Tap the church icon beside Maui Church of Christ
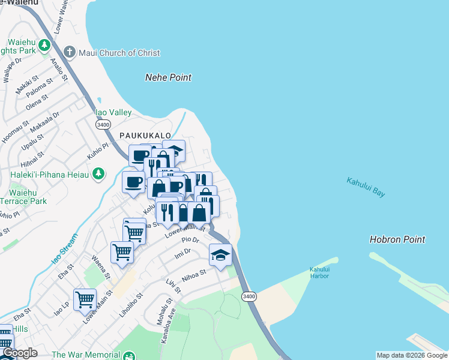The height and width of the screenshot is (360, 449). tap(70, 52)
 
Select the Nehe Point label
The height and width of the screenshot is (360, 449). tap(169, 77)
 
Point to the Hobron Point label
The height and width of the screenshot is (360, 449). tap(397, 239)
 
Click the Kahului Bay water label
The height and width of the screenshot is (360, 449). tap(366, 187)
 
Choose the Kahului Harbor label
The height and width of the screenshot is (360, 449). tap(320, 272)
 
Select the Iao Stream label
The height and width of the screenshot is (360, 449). tap(64, 248)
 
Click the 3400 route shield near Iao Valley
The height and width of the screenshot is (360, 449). tap(103, 124)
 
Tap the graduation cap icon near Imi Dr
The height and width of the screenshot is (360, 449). tap(220, 254)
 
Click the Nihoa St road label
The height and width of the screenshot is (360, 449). tap(194, 275)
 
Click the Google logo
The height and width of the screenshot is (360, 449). tap(19, 353)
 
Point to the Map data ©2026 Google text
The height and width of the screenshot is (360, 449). tap(412, 355)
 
